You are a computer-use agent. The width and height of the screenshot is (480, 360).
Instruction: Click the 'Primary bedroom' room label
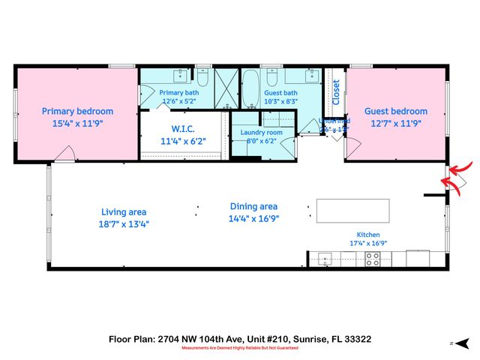pyautogui.click(x=77, y=111)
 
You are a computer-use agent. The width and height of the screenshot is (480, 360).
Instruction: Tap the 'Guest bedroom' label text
pyautogui.click(x=396, y=111)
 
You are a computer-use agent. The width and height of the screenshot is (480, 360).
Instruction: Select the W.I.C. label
pyautogui.click(x=183, y=128)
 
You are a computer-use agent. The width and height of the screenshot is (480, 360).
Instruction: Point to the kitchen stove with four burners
pyautogui.click(x=373, y=259)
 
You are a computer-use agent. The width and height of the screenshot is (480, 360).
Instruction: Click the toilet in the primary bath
pyautogui.click(x=202, y=76)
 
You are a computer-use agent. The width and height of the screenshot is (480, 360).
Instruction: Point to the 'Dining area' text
pyautogui.click(x=253, y=206)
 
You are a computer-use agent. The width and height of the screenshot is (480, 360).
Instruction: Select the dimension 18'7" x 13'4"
pyautogui.click(x=124, y=223)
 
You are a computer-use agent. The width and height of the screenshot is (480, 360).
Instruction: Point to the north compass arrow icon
pyautogui.click(x=454, y=341)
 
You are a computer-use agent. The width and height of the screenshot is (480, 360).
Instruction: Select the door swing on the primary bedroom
pyautogui.click(x=66, y=154)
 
